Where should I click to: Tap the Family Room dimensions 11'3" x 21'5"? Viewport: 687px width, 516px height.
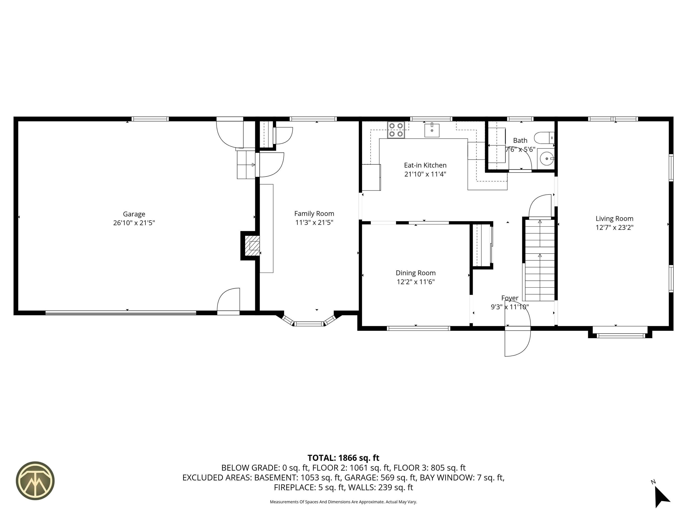[x=314, y=223]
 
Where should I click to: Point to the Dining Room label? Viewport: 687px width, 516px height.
[x=416, y=273]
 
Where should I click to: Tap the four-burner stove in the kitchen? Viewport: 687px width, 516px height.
[x=396, y=130]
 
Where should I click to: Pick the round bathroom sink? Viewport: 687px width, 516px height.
[x=547, y=159]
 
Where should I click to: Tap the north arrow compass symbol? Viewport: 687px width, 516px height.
[x=662, y=500]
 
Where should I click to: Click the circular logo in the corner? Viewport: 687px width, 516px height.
[x=35, y=481]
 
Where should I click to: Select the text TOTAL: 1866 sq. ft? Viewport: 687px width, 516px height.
[x=343, y=458]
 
